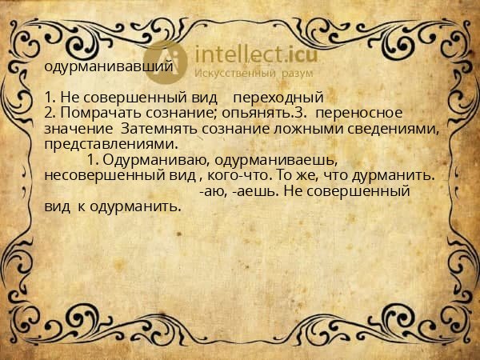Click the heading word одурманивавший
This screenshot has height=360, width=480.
(x=109, y=66)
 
